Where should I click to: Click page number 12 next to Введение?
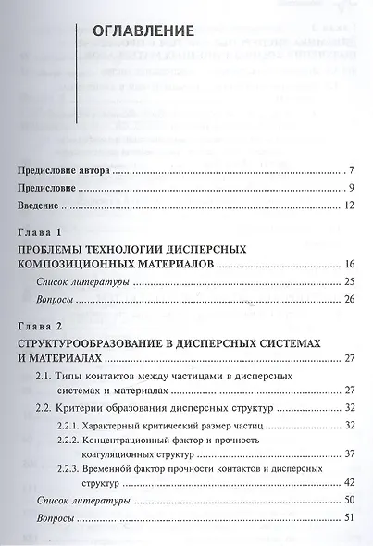coord(350,204)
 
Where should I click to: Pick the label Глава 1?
coord(38,230)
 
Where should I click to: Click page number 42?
coord(350,483)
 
